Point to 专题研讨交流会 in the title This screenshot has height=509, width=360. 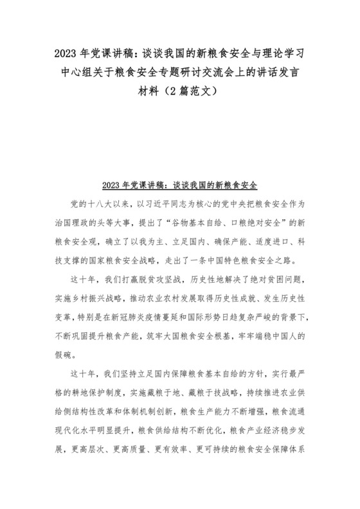[188, 71]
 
